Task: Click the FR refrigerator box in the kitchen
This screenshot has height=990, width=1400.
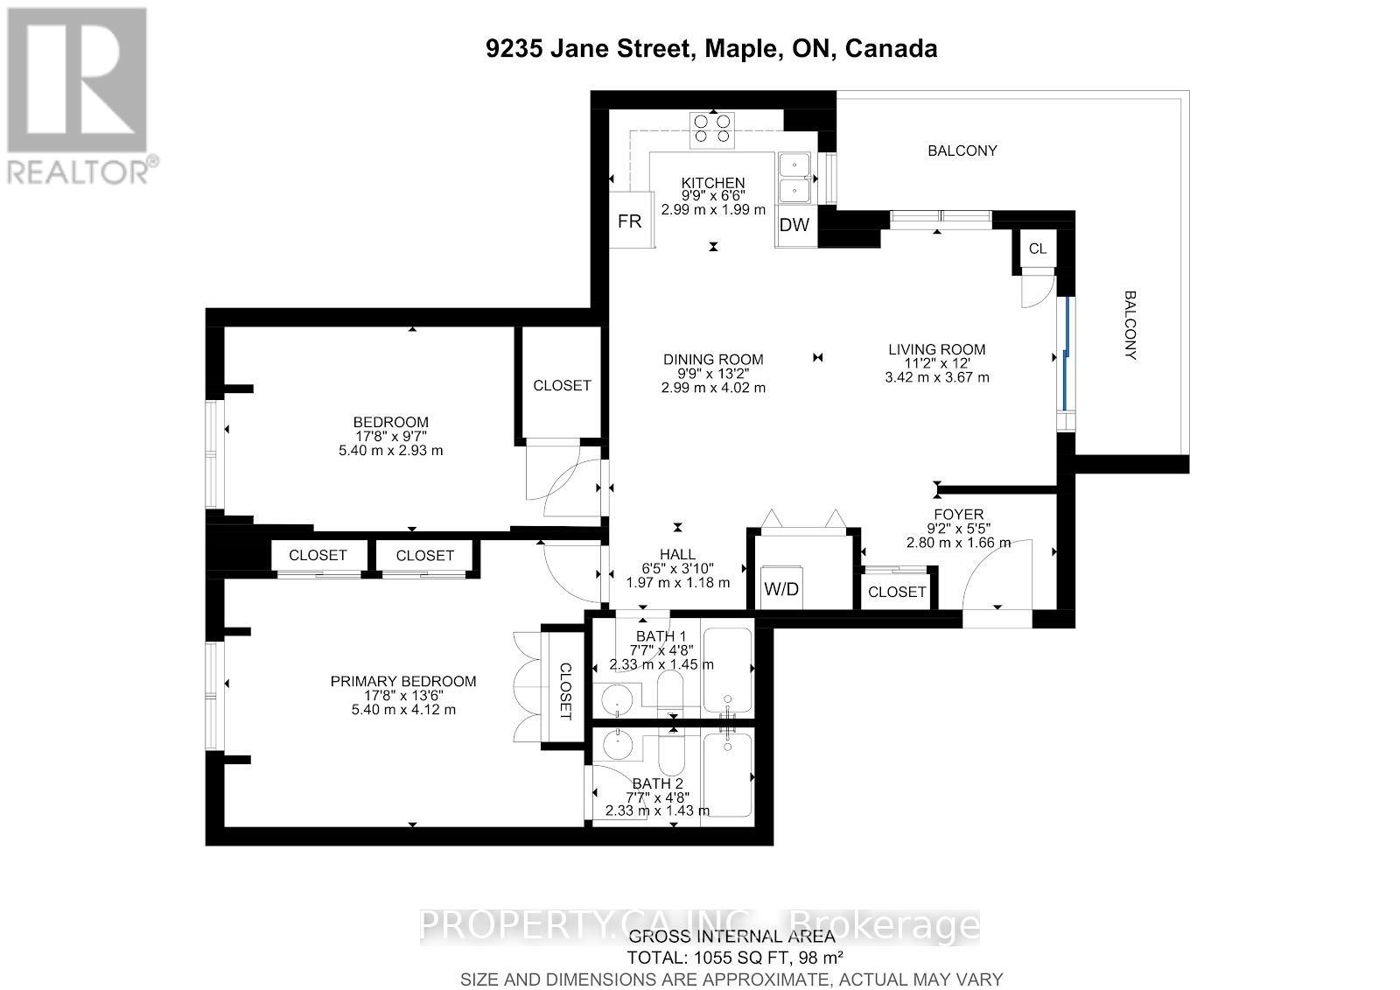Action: (x=631, y=221)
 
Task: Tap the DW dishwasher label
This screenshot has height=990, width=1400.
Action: (x=794, y=225)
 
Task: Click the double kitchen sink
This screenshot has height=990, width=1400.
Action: (x=794, y=177)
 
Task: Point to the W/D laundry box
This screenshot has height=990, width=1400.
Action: (x=781, y=588)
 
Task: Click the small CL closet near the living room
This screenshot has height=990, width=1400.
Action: (x=1037, y=249)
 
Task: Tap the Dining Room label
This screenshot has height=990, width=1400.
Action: (x=713, y=359)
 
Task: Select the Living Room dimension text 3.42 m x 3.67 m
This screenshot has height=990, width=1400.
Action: (x=936, y=377)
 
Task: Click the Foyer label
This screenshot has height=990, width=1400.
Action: (x=958, y=514)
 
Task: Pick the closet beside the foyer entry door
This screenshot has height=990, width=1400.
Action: (x=897, y=592)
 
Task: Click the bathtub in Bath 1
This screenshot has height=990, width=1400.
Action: (x=728, y=670)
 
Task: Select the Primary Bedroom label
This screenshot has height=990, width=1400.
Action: (x=403, y=681)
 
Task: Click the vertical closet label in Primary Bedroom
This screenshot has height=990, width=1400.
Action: (x=564, y=690)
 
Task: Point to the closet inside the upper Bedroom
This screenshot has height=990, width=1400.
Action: (x=562, y=385)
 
